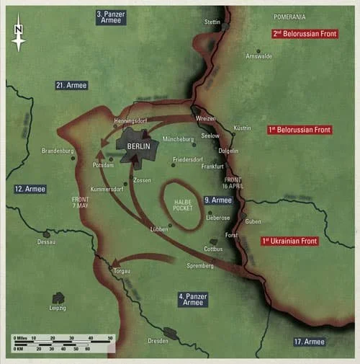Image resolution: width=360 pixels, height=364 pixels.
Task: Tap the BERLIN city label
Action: [x=138, y=145]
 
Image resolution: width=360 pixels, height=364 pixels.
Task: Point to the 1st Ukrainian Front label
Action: [x=289, y=241]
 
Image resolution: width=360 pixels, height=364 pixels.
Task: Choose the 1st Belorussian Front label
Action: [x=299, y=130]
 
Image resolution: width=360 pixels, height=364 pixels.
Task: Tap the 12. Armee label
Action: [x=30, y=189]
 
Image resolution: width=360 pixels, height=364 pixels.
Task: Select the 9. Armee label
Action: [x=217, y=200]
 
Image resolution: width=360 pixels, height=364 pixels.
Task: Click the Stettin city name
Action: [x=212, y=22]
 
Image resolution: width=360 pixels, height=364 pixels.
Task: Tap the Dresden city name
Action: [x=158, y=341]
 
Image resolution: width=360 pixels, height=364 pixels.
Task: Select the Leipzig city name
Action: [x=57, y=308]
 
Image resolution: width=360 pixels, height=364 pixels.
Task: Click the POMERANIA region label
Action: [x=289, y=16]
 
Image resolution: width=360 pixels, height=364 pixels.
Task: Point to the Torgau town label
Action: [x=121, y=271]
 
